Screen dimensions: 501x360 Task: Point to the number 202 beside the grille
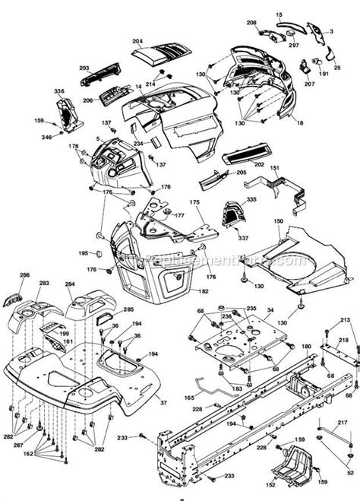(259, 164)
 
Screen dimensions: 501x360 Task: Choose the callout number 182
(203, 292)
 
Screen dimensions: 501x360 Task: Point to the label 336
(59, 91)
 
